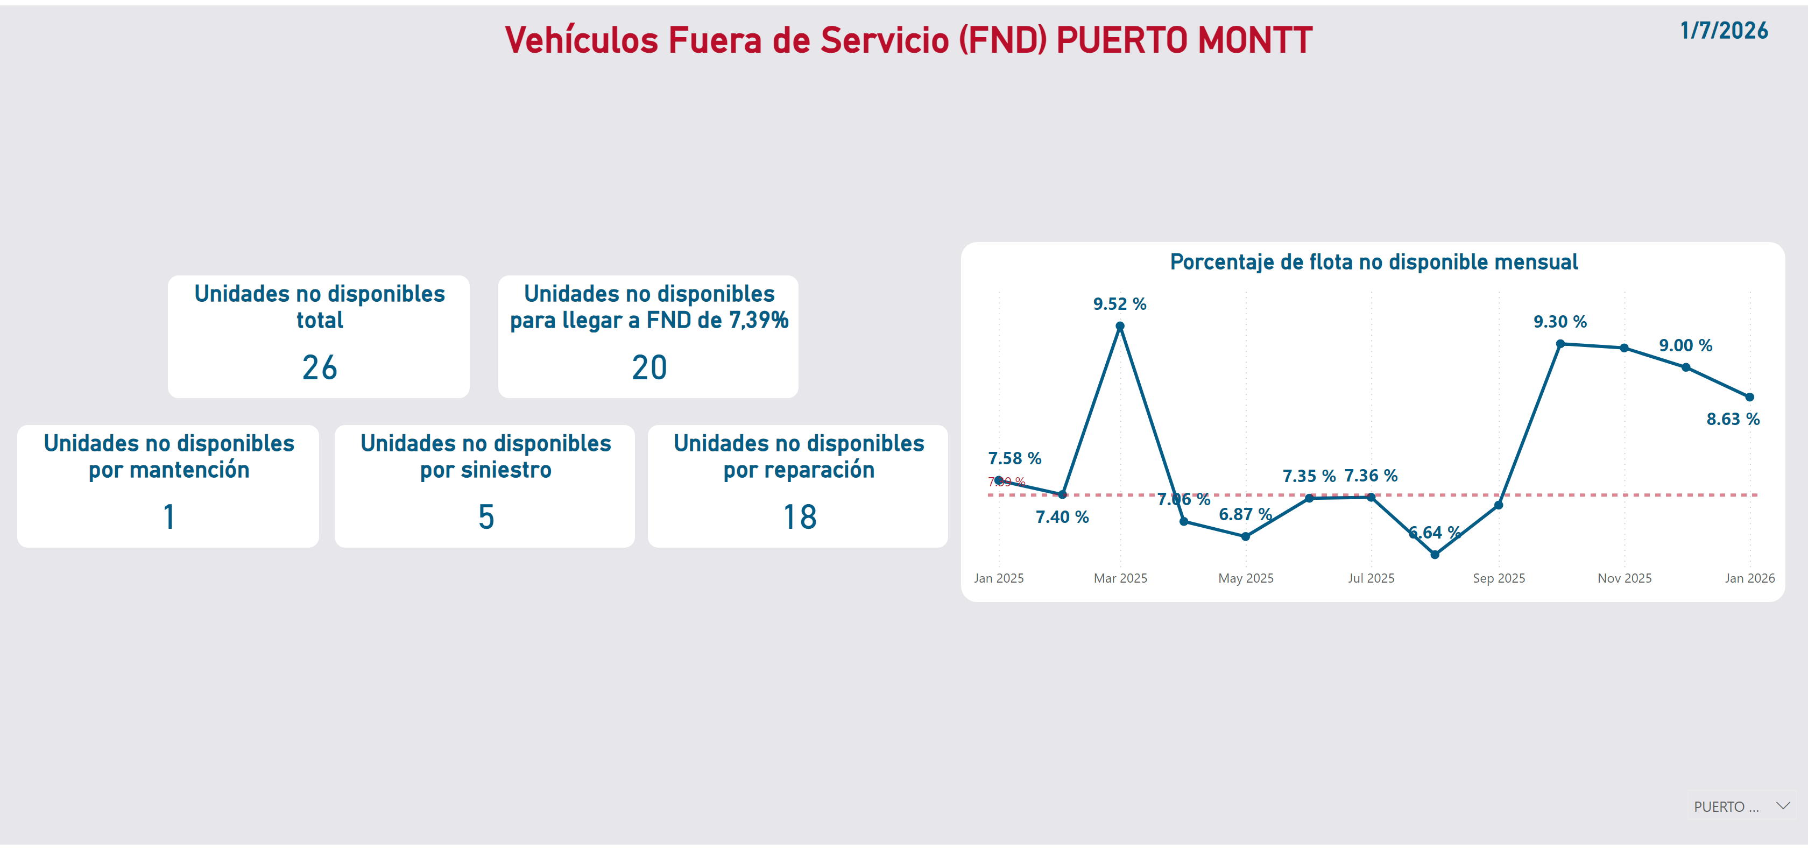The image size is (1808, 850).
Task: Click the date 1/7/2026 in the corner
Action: coord(1723,31)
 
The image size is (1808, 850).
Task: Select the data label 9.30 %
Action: coord(1559,322)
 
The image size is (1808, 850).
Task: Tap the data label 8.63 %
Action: coord(1732,419)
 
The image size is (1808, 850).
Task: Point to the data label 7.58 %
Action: coord(1014,458)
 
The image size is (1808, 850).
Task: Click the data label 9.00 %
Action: coord(1685,345)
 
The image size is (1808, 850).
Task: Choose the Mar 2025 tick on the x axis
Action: coord(1120,578)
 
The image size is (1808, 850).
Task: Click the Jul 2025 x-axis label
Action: coord(1371,578)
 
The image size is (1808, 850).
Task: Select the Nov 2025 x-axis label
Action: coord(1624,578)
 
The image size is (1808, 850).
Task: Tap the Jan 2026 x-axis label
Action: coord(1749,578)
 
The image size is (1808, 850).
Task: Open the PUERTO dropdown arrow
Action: coord(1783,806)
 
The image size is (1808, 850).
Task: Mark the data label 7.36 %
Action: coord(1370,476)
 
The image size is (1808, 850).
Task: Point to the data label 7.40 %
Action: coord(1062,518)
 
